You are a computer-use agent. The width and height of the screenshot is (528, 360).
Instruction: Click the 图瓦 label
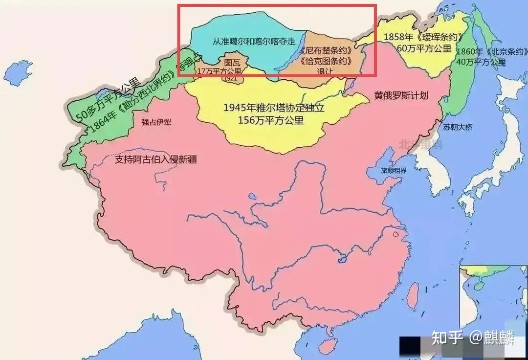coord(232,63)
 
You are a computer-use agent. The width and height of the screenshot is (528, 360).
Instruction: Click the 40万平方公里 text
coord(481,62)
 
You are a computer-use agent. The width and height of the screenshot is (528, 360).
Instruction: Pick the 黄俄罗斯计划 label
coord(401,96)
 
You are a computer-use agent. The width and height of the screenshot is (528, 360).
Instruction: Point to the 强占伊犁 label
coord(157,122)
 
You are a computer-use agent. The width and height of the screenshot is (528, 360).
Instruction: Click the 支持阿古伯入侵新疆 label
coord(155,159)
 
